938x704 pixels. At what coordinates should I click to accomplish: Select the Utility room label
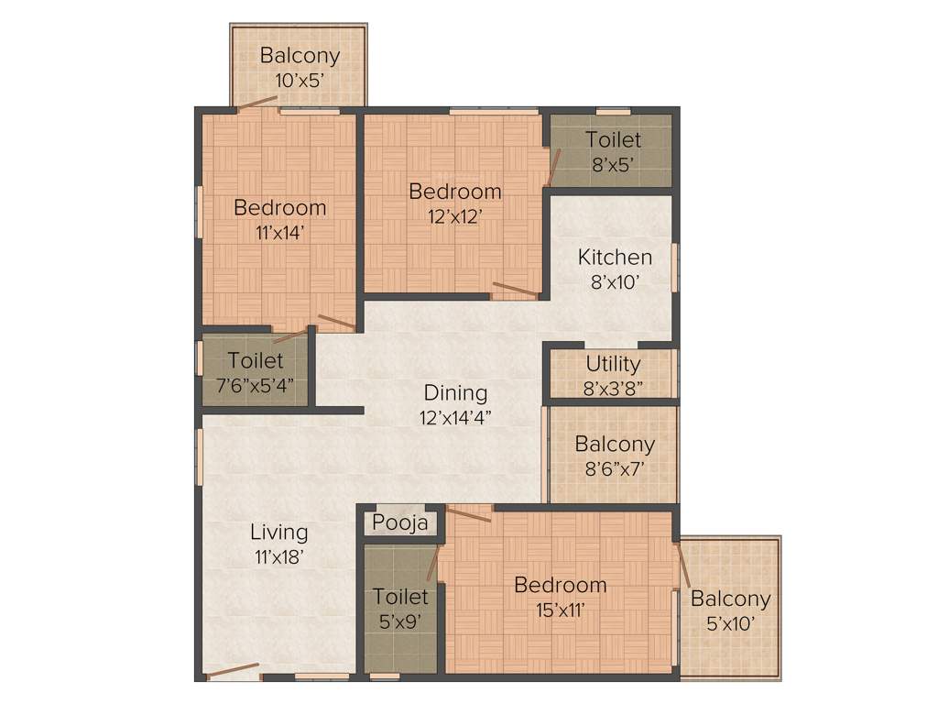click(613, 364)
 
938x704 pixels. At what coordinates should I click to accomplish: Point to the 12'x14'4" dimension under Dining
click(454, 417)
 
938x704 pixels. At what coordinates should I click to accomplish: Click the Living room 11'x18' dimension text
click(278, 555)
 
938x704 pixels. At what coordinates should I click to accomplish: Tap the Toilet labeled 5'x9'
click(399, 609)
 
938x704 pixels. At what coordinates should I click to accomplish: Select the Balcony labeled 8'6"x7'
click(615, 456)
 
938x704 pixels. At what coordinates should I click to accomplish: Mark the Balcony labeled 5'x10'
click(730, 610)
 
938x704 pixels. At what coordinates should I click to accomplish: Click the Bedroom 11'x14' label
click(279, 219)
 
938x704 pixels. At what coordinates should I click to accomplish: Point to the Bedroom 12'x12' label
click(454, 203)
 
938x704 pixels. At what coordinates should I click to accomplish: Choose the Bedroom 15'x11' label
click(560, 597)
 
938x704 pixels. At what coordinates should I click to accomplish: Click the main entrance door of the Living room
click(231, 672)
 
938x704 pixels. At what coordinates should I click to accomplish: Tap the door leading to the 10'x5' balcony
click(257, 103)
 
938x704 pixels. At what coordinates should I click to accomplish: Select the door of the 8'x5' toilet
click(553, 169)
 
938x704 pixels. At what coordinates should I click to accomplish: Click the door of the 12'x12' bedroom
click(515, 291)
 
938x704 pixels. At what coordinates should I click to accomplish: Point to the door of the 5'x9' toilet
click(432, 562)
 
